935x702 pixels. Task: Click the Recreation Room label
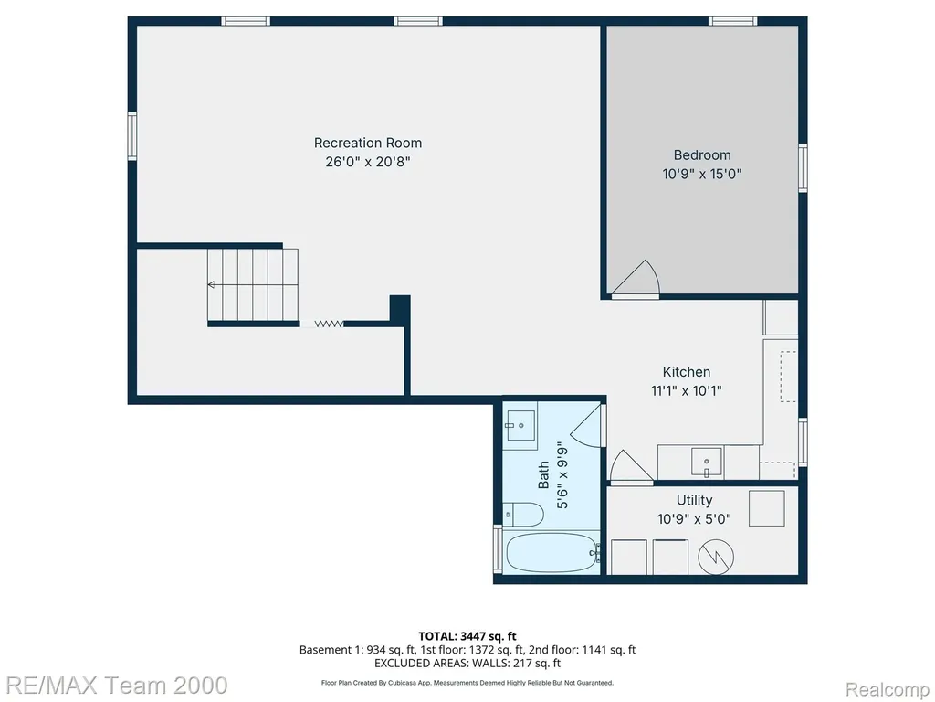click(368, 143)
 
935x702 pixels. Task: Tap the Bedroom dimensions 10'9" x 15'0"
click(702, 174)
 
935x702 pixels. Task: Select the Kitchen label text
click(687, 372)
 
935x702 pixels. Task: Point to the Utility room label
click(694, 500)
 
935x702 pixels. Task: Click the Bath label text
click(543, 474)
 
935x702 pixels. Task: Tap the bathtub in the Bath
click(551, 552)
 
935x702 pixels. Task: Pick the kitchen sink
click(707, 462)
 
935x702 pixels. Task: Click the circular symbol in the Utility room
click(716, 557)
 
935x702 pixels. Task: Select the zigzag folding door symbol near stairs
click(329, 324)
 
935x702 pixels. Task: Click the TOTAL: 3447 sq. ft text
click(467, 636)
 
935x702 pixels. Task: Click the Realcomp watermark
click(886, 689)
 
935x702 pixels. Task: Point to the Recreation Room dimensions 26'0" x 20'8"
click(368, 162)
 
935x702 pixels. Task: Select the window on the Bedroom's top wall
click(733, 22)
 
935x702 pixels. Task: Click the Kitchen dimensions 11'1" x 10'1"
click(687, 391)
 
